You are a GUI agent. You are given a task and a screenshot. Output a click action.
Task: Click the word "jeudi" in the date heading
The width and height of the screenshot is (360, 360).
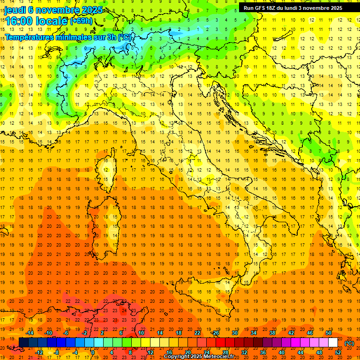(x=15, y=10)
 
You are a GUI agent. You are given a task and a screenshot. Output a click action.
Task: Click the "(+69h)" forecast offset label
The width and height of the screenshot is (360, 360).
(x=81, y=21)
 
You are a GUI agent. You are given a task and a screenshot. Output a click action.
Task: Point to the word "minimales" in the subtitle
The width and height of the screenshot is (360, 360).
(x=73, y=37)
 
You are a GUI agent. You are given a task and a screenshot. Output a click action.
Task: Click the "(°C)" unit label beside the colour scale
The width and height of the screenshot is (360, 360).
(x=349, y=343)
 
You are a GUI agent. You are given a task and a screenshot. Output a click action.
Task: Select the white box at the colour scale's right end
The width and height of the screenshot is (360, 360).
(x=333, y=343)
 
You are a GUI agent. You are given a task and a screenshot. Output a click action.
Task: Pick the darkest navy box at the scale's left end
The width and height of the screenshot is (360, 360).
(x=23, y=343)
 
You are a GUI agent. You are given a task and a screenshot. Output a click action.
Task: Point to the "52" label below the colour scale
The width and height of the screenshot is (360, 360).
(x=338, y=352)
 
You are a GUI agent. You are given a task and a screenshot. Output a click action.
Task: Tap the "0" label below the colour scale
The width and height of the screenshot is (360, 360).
(x=93, y=352)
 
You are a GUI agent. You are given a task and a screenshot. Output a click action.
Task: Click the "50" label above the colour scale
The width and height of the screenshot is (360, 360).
(x=329, y=333)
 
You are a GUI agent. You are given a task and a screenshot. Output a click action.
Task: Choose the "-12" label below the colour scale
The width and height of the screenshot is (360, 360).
(x=39, y=352)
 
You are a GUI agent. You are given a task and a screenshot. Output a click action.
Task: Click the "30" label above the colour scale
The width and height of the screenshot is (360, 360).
(x=234, y=333)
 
